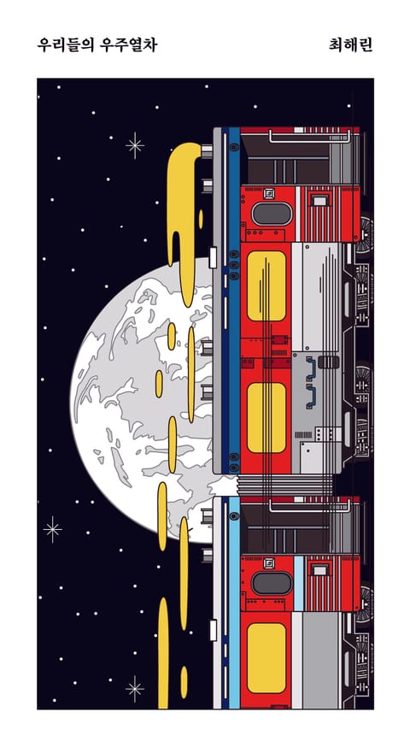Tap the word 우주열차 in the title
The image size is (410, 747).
[x=130, y=44]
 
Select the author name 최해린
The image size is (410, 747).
[x=350, y=44]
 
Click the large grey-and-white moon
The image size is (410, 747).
[x=143, y=400]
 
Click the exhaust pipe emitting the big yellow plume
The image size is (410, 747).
[x=207, y=151]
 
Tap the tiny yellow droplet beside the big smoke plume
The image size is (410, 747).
[x=201, y=219]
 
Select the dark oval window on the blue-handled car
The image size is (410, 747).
[x=272, y=215]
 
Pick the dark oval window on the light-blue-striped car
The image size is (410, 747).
[x=272, y=584]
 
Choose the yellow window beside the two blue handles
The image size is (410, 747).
[x=266, y=417]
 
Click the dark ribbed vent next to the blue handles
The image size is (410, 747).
[x=329, y=362]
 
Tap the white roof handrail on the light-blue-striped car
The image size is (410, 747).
[x=310, y=506]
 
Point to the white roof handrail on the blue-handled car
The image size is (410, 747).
[x=310, y=136]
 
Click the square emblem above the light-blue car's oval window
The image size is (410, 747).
[x=268, y=563]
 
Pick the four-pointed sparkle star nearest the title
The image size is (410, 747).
[x=135, y=145]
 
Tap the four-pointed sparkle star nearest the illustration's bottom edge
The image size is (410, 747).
[x=135, y=688]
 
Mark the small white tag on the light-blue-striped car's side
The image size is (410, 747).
[x=213, y=630]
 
